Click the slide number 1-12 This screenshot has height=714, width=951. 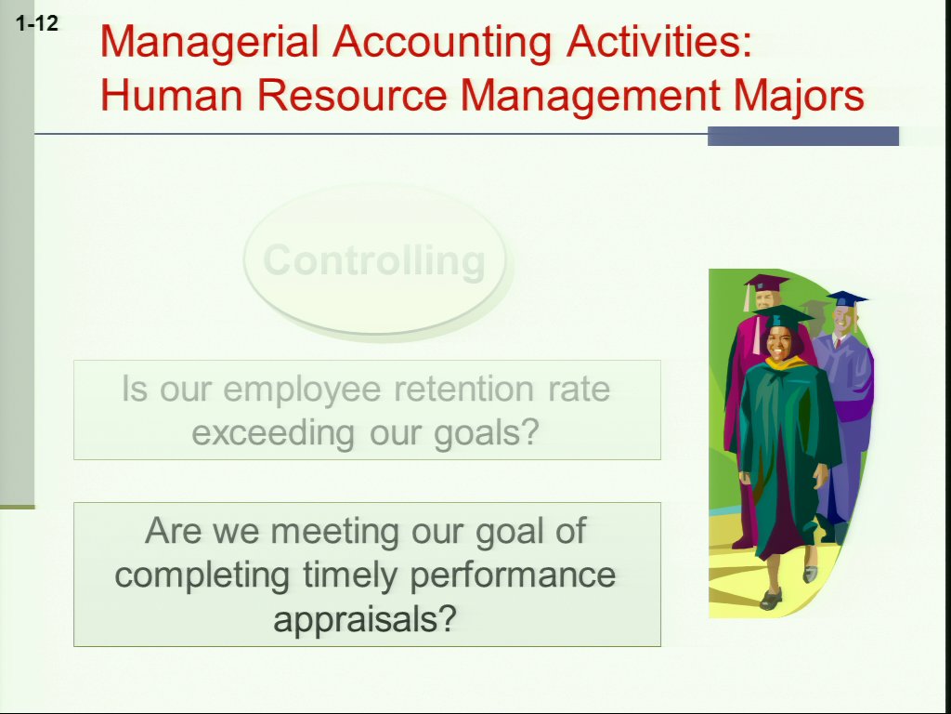point(37,23)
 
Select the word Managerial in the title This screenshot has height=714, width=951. point(209,43)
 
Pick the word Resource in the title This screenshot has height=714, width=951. point(352,96)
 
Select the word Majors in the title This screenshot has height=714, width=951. point(798,97)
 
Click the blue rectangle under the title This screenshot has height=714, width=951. point(803,136)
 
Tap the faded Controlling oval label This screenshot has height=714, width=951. point(375,261)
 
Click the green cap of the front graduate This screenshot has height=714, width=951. point(783,316)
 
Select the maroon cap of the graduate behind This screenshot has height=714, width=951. point(766,283)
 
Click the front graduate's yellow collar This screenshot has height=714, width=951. point(787,363)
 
